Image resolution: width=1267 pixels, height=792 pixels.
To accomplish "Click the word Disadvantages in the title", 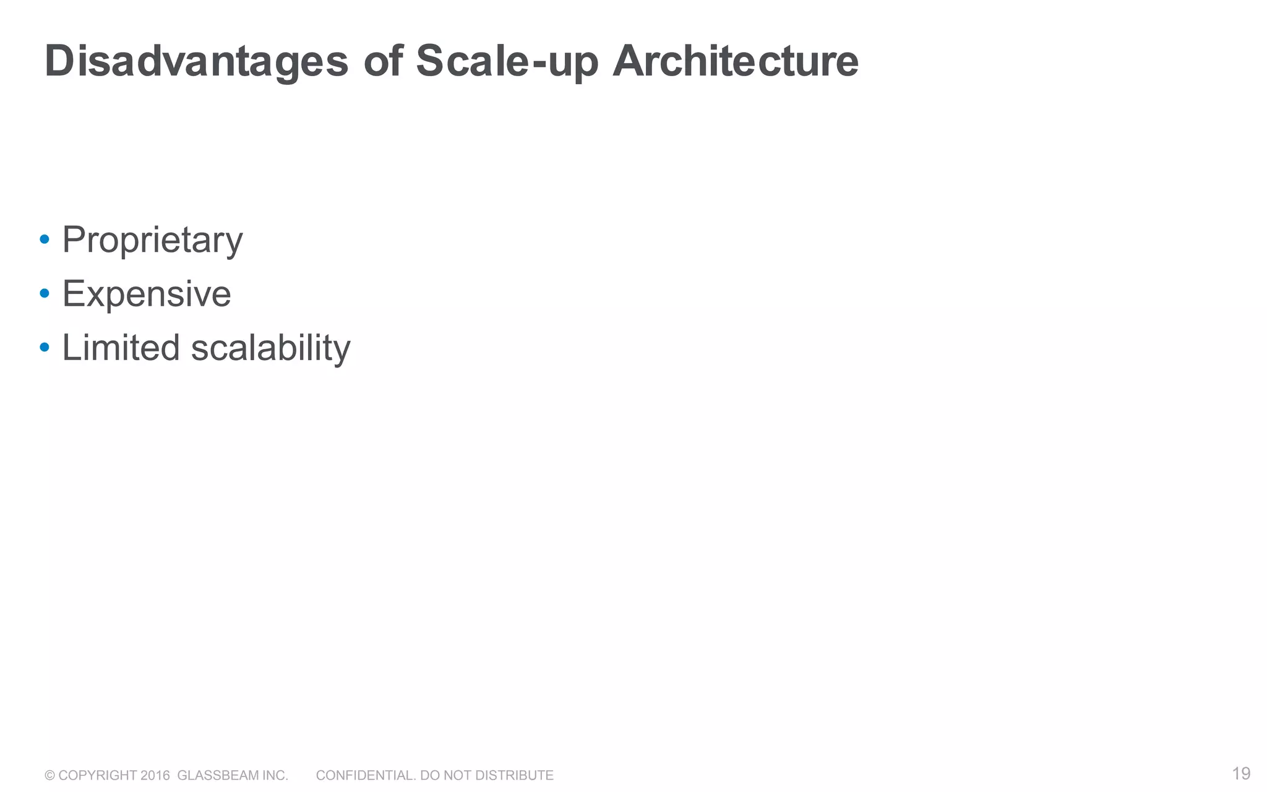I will pos(196,62).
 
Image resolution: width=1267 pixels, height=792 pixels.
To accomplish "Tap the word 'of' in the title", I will pos(383,62).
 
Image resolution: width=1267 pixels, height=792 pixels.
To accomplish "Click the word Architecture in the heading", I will pos(735,62).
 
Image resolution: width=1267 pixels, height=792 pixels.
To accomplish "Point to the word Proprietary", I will pos(152,240).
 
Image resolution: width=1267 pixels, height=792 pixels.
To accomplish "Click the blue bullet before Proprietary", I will pos(44,239).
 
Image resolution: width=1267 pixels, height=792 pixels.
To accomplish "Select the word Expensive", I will pos(147,293).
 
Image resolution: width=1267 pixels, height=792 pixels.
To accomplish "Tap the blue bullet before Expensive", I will pos(44,293).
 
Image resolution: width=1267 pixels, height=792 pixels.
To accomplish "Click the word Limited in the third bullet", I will pos(121,347).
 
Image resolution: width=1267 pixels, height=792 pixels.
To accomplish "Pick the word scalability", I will pos(270,348).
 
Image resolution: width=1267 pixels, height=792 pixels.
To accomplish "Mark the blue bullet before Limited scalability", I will pos(44,347).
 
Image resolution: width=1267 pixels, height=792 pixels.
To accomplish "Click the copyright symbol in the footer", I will pos(49,775).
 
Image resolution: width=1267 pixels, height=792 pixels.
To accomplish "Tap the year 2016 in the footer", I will pos(155,775).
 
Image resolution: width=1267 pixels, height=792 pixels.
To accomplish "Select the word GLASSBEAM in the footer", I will pos(218,775).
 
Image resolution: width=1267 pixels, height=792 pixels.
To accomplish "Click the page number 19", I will pos(1241,773).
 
